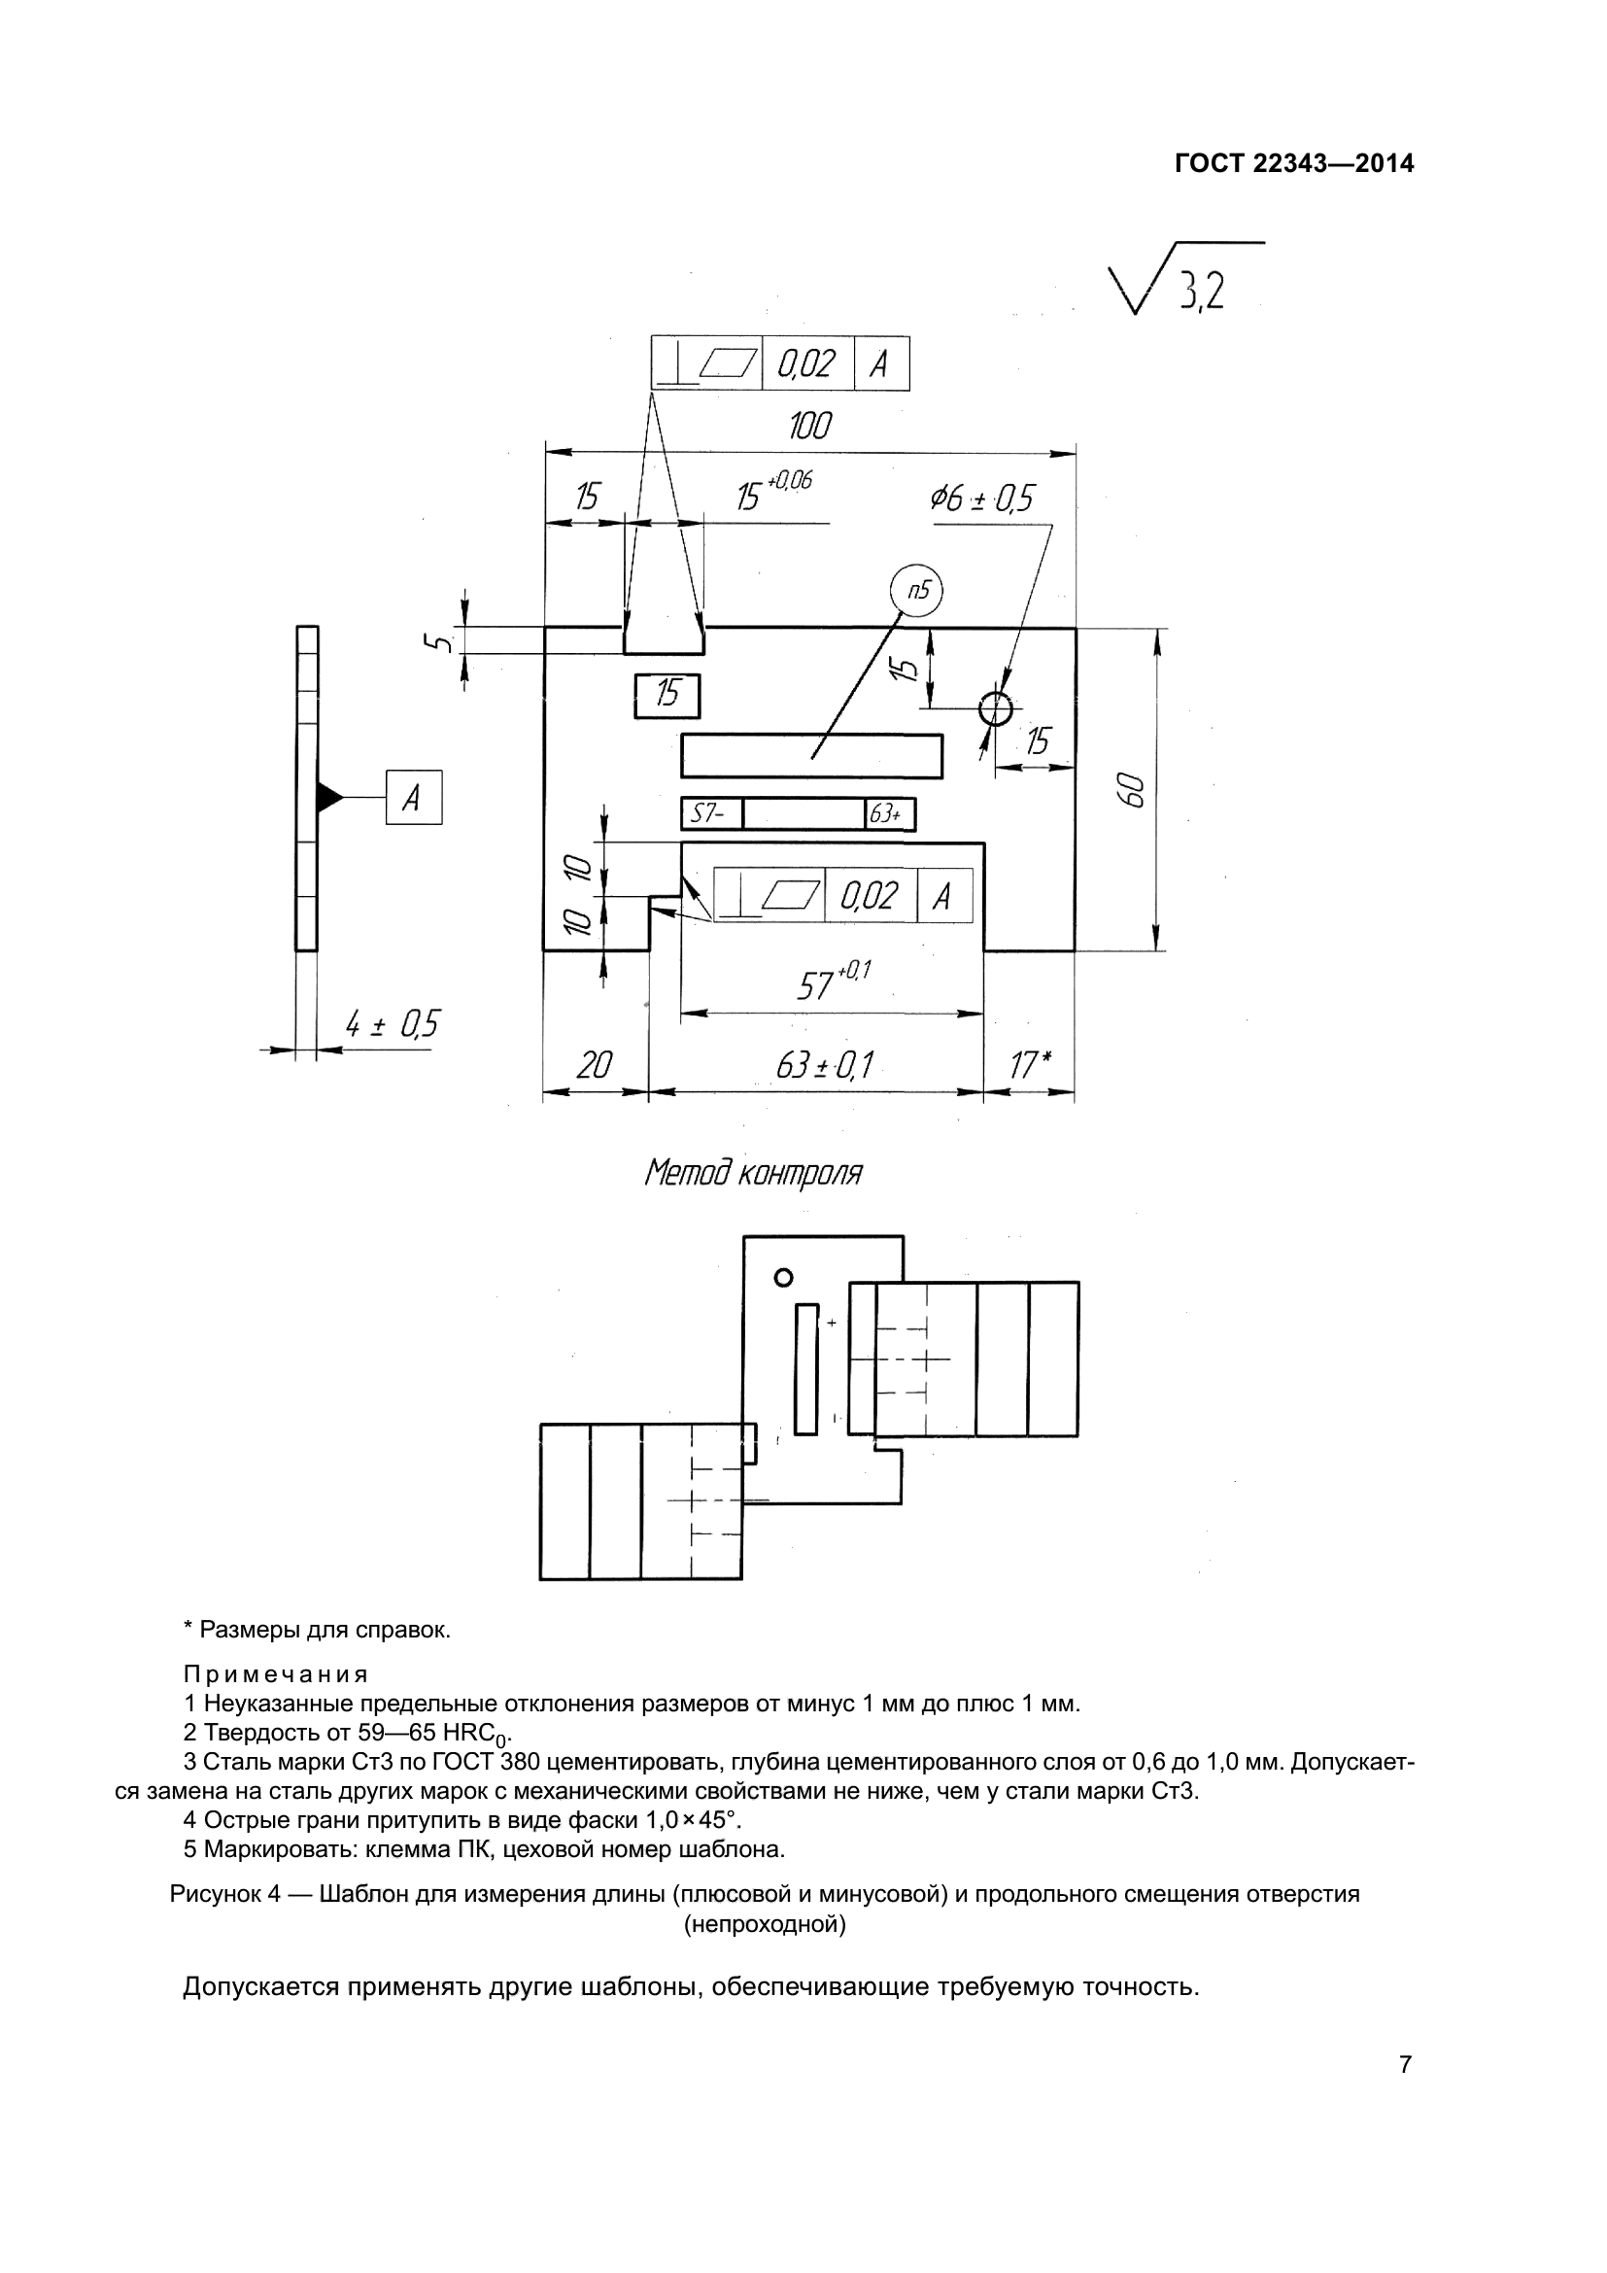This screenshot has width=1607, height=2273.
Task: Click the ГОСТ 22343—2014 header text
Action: (1294, 163)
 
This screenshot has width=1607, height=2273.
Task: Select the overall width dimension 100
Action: (810, 426)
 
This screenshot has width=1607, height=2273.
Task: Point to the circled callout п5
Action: (916, 592)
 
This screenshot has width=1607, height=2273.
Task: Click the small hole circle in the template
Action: (996, 707)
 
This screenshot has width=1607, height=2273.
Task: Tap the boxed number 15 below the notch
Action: (667, 695)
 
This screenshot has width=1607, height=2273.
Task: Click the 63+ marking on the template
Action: (886, 814)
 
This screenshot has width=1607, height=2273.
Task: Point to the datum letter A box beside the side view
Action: (414, 797)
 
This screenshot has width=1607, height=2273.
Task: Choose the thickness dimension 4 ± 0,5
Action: (392, 1024)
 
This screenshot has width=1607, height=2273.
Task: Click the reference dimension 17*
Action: (1029, 1066)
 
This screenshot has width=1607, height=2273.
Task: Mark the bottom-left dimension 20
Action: (594, 1066)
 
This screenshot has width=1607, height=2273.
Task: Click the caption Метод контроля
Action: (753, 1174)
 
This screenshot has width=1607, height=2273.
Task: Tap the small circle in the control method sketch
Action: (784, 1278)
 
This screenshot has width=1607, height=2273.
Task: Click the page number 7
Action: (1405, 2065)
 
